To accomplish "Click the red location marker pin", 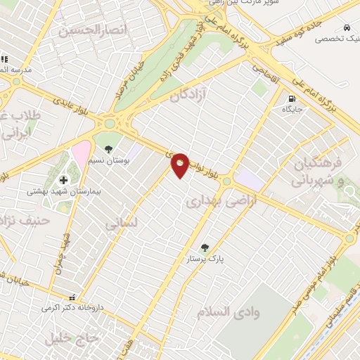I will click(x=180, y=165).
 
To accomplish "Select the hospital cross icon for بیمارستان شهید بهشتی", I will click(x=63, y=180).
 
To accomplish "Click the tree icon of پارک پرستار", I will click(x=205, y=247).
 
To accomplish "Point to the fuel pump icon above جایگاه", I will click(x=292, y=98).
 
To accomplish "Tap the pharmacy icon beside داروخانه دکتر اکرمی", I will click(x=72, y=297).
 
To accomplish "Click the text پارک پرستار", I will click(x=225, y=259).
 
